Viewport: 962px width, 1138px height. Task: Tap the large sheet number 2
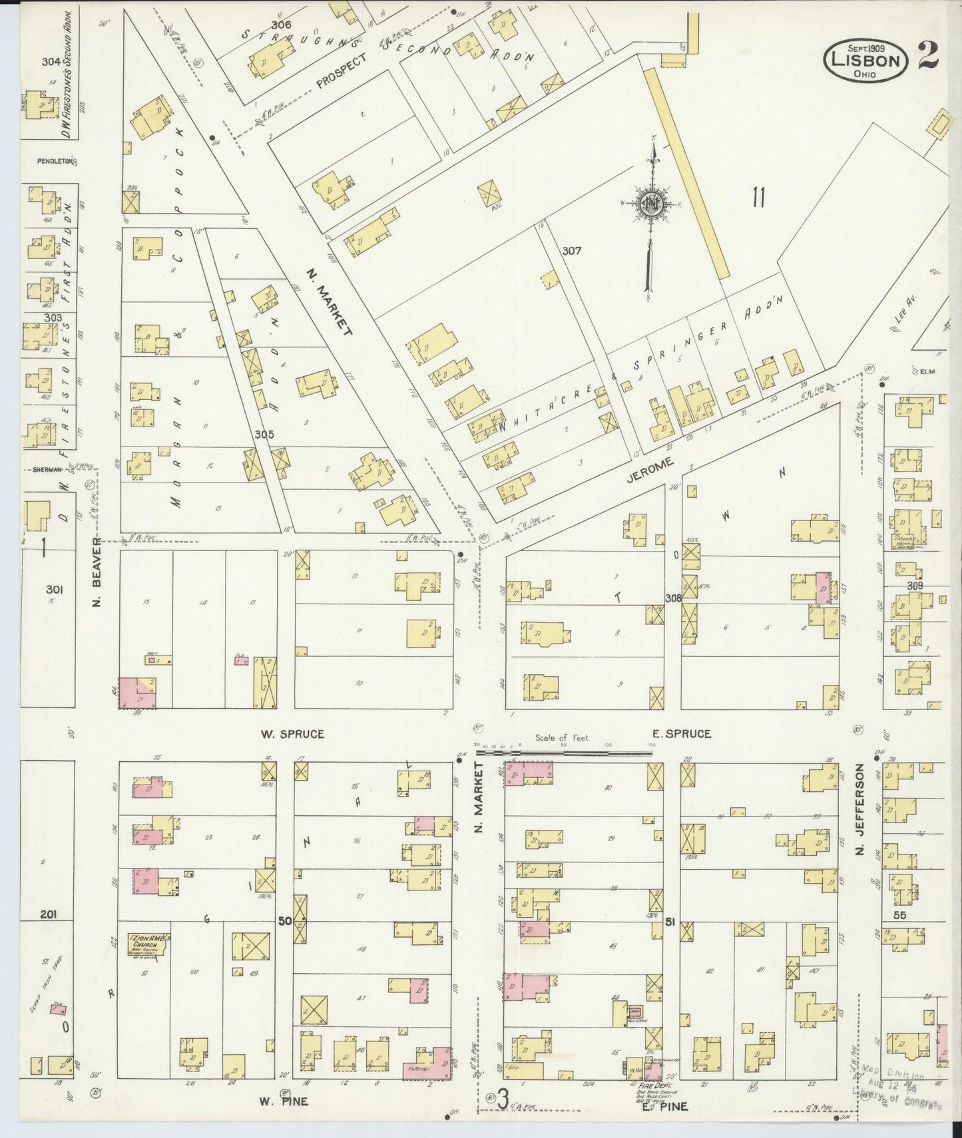tap(927, 55)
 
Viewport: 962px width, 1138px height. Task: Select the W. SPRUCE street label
tap(292, 734)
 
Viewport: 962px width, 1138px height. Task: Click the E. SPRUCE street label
tap(681, 733)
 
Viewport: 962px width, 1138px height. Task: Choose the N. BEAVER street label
tap(97, 582)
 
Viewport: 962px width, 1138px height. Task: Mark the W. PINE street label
tap(284, 1101)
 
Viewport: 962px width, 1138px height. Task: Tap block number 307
tap(571, 251)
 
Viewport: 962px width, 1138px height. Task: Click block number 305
tap(264, 434)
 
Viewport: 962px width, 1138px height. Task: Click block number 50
tap(285, 921)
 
